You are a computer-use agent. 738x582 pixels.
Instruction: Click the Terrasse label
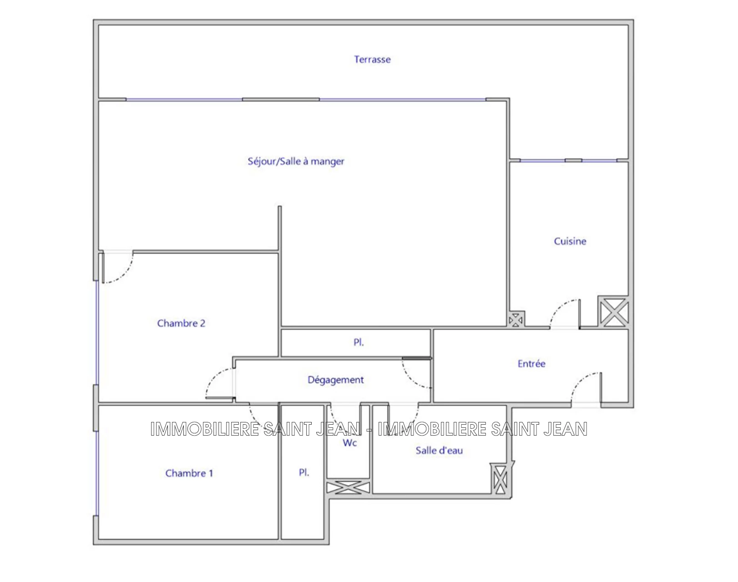372,60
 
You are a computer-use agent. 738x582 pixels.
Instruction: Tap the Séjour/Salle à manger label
296,161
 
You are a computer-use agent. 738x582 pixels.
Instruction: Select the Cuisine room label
570,241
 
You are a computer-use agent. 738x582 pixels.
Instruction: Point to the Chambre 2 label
181,323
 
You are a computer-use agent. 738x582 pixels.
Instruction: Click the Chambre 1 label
189,473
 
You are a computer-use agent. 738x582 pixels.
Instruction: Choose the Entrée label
531,363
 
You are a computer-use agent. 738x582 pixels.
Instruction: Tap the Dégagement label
335,380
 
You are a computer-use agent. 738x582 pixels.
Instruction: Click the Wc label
350,443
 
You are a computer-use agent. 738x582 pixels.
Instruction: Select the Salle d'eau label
439,451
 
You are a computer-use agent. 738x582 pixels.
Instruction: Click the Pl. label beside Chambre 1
304,473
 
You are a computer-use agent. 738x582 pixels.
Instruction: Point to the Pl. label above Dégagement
359,342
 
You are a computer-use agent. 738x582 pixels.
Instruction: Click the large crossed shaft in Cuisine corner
613,311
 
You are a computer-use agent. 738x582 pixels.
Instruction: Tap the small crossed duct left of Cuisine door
516,320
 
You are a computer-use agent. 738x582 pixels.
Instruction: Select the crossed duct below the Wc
348,487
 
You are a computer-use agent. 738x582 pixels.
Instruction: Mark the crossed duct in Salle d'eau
500,480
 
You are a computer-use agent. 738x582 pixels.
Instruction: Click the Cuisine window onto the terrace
569,161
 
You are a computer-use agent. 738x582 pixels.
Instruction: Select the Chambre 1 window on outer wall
97,473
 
